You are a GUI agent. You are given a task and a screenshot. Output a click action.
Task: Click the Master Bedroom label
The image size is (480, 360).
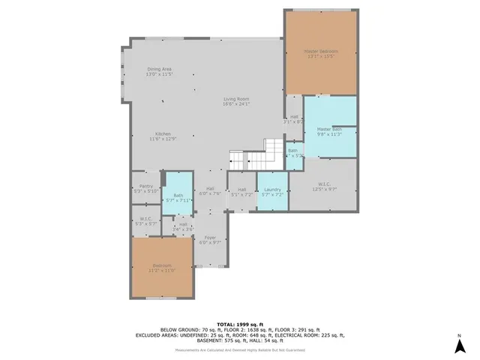tap(320, 52)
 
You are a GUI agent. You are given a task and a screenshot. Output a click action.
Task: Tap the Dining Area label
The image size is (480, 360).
tap(159, 70)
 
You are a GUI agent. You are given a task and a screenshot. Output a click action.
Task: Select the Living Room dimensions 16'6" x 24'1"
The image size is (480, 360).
tap(235, 104)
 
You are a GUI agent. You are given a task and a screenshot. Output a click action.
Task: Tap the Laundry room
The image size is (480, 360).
tap(272, 192)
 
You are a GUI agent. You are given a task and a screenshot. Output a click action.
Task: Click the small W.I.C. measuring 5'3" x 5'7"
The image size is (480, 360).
tap(145, 221)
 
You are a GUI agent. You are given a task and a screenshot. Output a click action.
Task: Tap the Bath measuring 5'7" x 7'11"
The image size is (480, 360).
tap(178, 198)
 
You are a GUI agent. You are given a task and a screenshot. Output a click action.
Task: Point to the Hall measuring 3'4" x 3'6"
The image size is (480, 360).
tap(184, 226)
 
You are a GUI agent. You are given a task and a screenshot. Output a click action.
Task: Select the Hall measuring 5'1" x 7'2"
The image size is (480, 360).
tap(241, 192)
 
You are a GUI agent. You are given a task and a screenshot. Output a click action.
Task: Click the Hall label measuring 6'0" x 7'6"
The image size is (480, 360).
tap(211, 190)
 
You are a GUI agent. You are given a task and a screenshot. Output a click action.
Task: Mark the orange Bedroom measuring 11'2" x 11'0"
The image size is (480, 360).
tap(163, 267)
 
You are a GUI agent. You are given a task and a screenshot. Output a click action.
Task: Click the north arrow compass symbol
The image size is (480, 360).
tap(458, 344)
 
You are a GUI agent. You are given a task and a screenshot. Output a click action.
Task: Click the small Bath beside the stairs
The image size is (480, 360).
tap(294, 154)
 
